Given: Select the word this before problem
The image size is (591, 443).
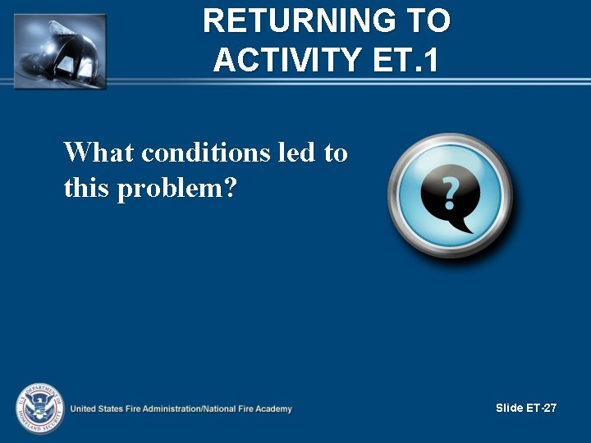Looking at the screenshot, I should pos(87,190).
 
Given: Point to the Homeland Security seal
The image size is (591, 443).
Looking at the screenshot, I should pos(38,408).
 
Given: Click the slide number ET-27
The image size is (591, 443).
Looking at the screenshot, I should pos(542,408).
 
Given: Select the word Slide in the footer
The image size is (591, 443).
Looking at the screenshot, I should pos(510,408).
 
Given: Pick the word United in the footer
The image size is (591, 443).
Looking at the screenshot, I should pos(84,409).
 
